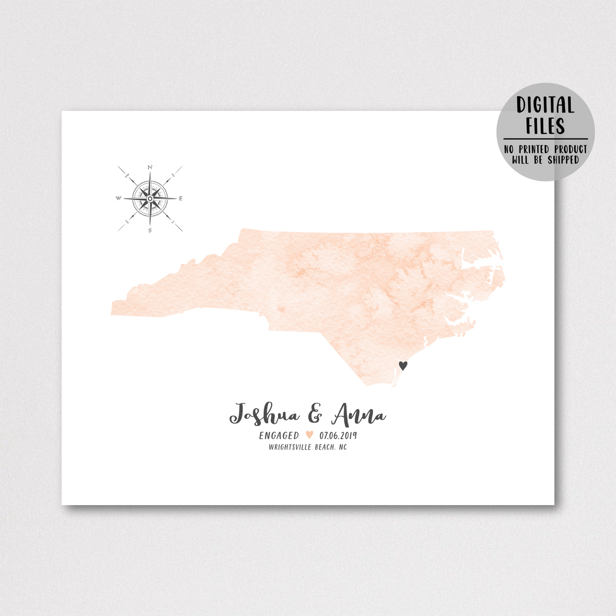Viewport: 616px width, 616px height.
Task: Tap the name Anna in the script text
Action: coord(358,415)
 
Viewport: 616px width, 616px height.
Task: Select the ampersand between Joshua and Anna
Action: coord(315,414)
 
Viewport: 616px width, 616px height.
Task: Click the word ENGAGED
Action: coord(279,435)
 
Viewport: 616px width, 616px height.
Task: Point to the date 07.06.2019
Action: coord(338,435)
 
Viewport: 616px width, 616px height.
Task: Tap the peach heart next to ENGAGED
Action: coord(309,435)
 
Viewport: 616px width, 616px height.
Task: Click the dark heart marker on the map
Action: coord(403,365)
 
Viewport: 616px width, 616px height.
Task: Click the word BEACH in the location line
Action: coord(324,447)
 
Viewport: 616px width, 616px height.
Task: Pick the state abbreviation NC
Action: coord(342,447)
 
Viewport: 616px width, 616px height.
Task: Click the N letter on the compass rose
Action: coord(150,167)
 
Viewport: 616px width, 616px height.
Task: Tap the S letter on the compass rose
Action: coord(150,230)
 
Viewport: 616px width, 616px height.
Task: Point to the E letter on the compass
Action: coord(181,198)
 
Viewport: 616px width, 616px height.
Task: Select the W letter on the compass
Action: coord(119,198)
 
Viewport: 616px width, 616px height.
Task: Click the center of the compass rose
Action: coord(150,198)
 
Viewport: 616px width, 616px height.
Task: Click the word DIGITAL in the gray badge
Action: coord(545,105)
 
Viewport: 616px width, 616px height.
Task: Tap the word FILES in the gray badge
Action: coord(545,126)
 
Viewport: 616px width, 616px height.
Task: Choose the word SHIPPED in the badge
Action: coord(563,160)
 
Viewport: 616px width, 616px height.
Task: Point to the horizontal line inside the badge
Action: coord(545,139)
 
